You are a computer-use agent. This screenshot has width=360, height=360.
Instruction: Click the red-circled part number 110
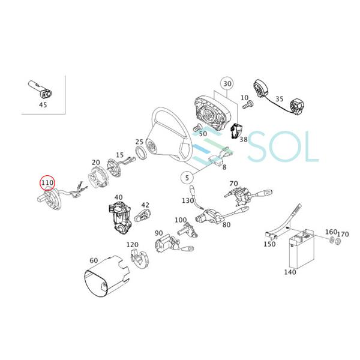point(47,183)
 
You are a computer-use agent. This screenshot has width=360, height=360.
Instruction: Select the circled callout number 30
point(227,83)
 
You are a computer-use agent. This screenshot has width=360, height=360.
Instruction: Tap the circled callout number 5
point(187,178)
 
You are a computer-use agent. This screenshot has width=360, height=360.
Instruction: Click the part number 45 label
point(43,105)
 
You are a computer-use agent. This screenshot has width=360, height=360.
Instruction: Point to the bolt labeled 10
point(248,106)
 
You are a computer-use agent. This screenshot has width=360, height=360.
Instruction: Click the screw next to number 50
point(197,127)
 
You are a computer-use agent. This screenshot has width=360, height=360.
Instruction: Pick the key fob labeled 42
point(142,215)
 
